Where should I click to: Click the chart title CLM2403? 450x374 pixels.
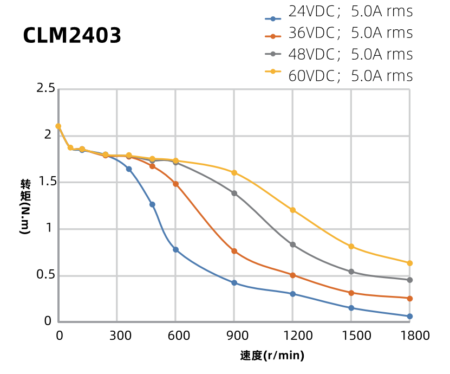click(x=72, y=36)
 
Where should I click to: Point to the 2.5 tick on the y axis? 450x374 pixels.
click(x=45, y=88)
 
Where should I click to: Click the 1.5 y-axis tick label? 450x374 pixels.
click(x=45, y=182)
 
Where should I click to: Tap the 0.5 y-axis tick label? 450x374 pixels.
click(x=45, y=275)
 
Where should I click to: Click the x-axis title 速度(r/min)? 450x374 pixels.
click(x=272, y=356)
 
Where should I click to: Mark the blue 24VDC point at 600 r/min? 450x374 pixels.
click(x=175, y=249)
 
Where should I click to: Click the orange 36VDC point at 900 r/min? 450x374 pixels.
click(x=234, y=251)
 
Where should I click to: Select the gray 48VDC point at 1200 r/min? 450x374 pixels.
click(x=292, y=244)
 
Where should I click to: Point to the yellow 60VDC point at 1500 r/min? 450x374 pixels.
click(x=351, y=246)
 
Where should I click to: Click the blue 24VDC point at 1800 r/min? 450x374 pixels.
click(x=409, y=316)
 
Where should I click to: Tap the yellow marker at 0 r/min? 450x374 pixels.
click(x=58, y=126)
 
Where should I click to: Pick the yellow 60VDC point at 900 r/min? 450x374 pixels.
click(x=234, y=172)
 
